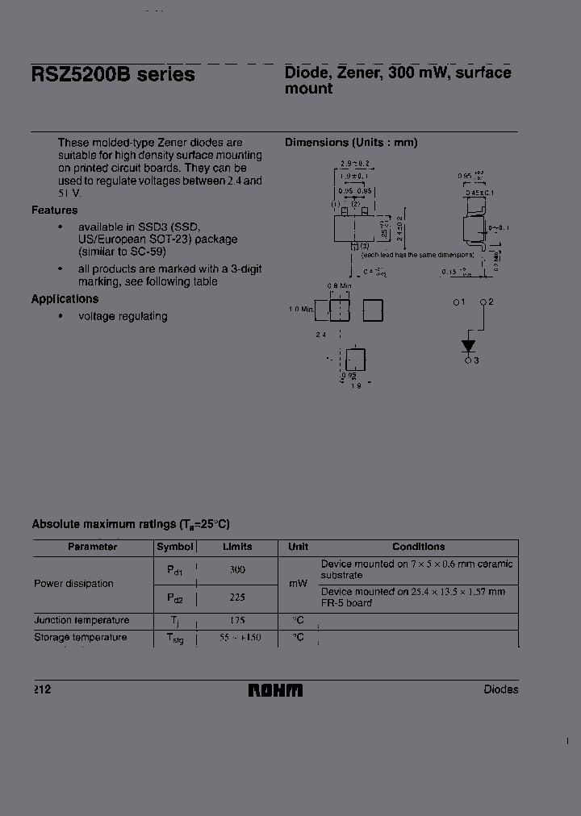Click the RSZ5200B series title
[x=113, y=75]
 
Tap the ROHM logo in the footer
[x=275, y=690]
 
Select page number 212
[x=41, y=689]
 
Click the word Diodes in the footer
[x=501, y=689]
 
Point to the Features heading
[x=55, y=210]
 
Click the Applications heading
[x=65, y=299]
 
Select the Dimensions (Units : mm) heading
[x=351, y=143]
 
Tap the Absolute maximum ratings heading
[x=131, y=524]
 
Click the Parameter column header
[x=93, y=547]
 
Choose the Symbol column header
[x=174, y=547]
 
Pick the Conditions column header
[x=419, y=547]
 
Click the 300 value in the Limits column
[x=236, y=570]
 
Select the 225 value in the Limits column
[x=236, y=597]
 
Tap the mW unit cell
[x=298, y=583]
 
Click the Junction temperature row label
[x=82, y=621]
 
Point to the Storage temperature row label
[x=81, y=638]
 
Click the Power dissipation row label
[x=73, y=583]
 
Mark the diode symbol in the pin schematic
[x=468, y=346]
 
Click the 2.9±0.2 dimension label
[x=354, y=164]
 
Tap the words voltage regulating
[x=123, y=317]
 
